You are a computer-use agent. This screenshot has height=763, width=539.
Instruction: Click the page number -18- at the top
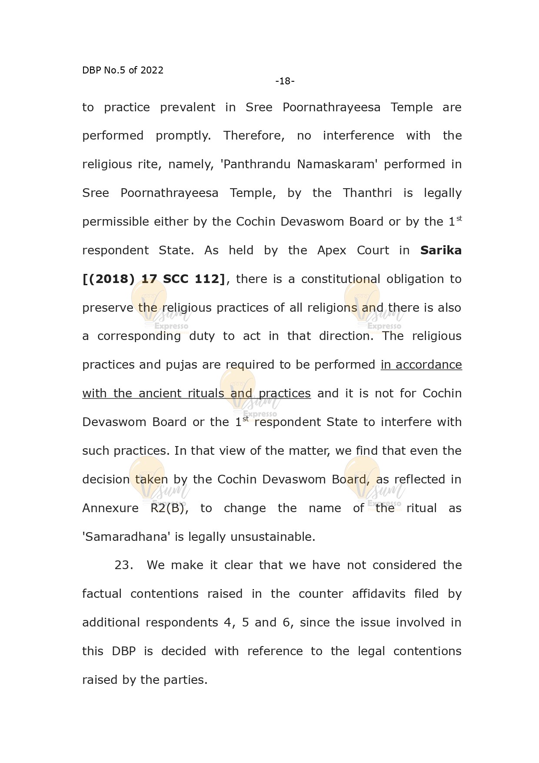(x=285, y=81)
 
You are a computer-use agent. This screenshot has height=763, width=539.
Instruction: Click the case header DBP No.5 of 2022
(x=123, y=70)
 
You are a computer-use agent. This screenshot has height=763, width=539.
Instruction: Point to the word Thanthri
(x=367, y=193)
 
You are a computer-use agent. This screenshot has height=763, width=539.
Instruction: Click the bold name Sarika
(x=441, y=250)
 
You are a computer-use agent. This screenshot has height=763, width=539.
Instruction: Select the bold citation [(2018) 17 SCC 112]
(x=154, y=279)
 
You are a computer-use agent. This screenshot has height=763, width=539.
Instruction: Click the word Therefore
(x=254, y=136)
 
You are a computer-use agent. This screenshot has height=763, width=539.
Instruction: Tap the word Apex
(x=332, y=250)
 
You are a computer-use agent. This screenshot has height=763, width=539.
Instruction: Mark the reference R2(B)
(x=169, y=508)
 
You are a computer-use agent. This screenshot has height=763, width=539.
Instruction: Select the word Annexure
(x=110, y=508)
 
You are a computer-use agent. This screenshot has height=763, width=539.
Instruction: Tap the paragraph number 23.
(x=123, y=565)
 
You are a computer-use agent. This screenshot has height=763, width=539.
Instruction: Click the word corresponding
(x=139, y=337)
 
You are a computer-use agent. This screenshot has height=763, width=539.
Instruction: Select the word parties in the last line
(x=185, y=680)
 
